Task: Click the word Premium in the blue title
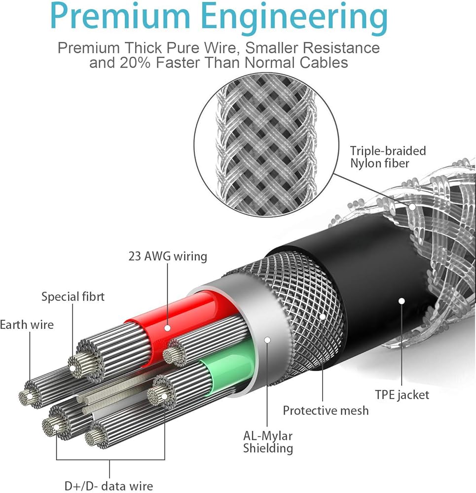pyautogui.click(x=120, y=16)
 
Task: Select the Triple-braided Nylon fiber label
pyautogui.click(x=388, y=157)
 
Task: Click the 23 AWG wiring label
pyautogui.click(x=168, y=256)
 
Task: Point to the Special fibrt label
pyautogui.click(x=73, y=296)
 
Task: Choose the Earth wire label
pyautogui.click(x=27, y=324)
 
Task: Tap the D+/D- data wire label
pyautogui.click(x=109, y=486)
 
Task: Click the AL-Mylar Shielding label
pyautogui.click(x=268, y=442)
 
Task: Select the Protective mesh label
pyautogui.click(x=326, y=410)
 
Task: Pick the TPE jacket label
pyautogui.click(x=402, y=394)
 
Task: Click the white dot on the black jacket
pyautogui.click(x=402, y=301)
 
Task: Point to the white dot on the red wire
pyautogui.click(x=168, y=328)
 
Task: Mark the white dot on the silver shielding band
pyautogui.click(x=267, y=340)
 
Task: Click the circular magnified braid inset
pyautogui.click(x=266, y=145)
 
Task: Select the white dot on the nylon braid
pyautogui.click(x=412, y=207)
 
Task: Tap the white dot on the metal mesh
pyautogui.click(x=323, y=317)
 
